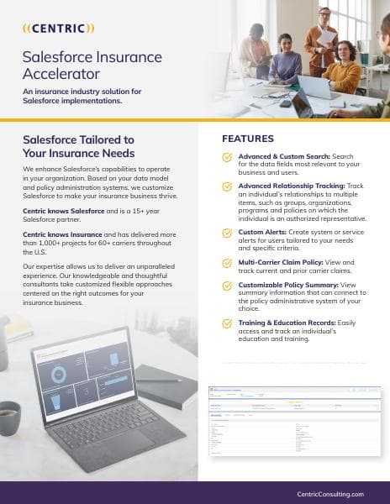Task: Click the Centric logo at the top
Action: click(58, 28)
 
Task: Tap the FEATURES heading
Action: click(247, 138)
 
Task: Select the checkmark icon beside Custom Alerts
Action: click(227, 231)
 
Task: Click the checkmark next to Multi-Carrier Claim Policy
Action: click(227, 263)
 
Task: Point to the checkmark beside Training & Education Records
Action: click(227, 323)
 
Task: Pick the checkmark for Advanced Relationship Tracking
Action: click(227, 186)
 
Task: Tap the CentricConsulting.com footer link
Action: click(330, 494)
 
